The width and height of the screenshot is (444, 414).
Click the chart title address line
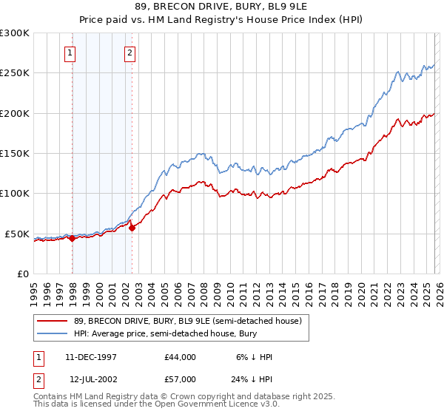[222, 6]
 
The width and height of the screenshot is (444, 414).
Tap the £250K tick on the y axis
[15, 73]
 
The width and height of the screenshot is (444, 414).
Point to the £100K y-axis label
[15, 194]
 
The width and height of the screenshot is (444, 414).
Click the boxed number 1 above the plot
[70, 52]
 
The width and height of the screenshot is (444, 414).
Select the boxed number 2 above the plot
[129, 52]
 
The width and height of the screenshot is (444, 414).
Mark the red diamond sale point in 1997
[73, 238]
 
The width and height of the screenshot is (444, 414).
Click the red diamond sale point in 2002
[132, 228]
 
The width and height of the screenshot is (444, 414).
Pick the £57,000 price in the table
[181, 379]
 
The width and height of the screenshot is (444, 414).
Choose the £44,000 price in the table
[181, 357]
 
